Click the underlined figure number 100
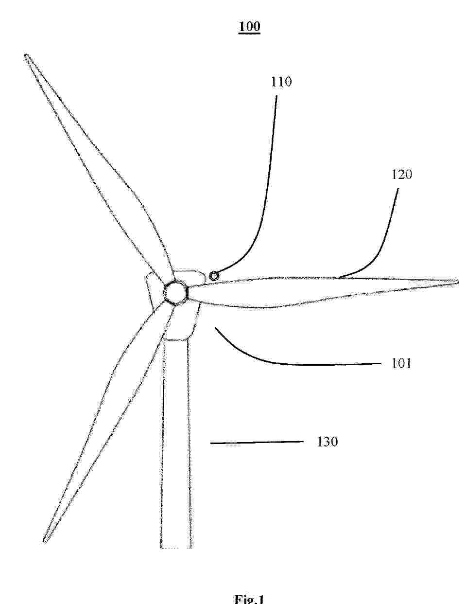click(x=249, y=27)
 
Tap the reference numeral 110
click(x=281, y=82)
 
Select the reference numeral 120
click(x=401, y=175)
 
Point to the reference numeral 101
click(x=401, y=363)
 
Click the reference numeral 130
click(x=328, y=442)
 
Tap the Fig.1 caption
click(x=249, y=600)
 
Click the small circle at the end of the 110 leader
click(x=214, y=276)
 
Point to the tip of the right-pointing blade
click(x=458, y=283)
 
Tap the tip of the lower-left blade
click(x=44, y=541)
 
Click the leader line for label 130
click(x=257, y=442)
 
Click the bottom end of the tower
click(x=175, y=547)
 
